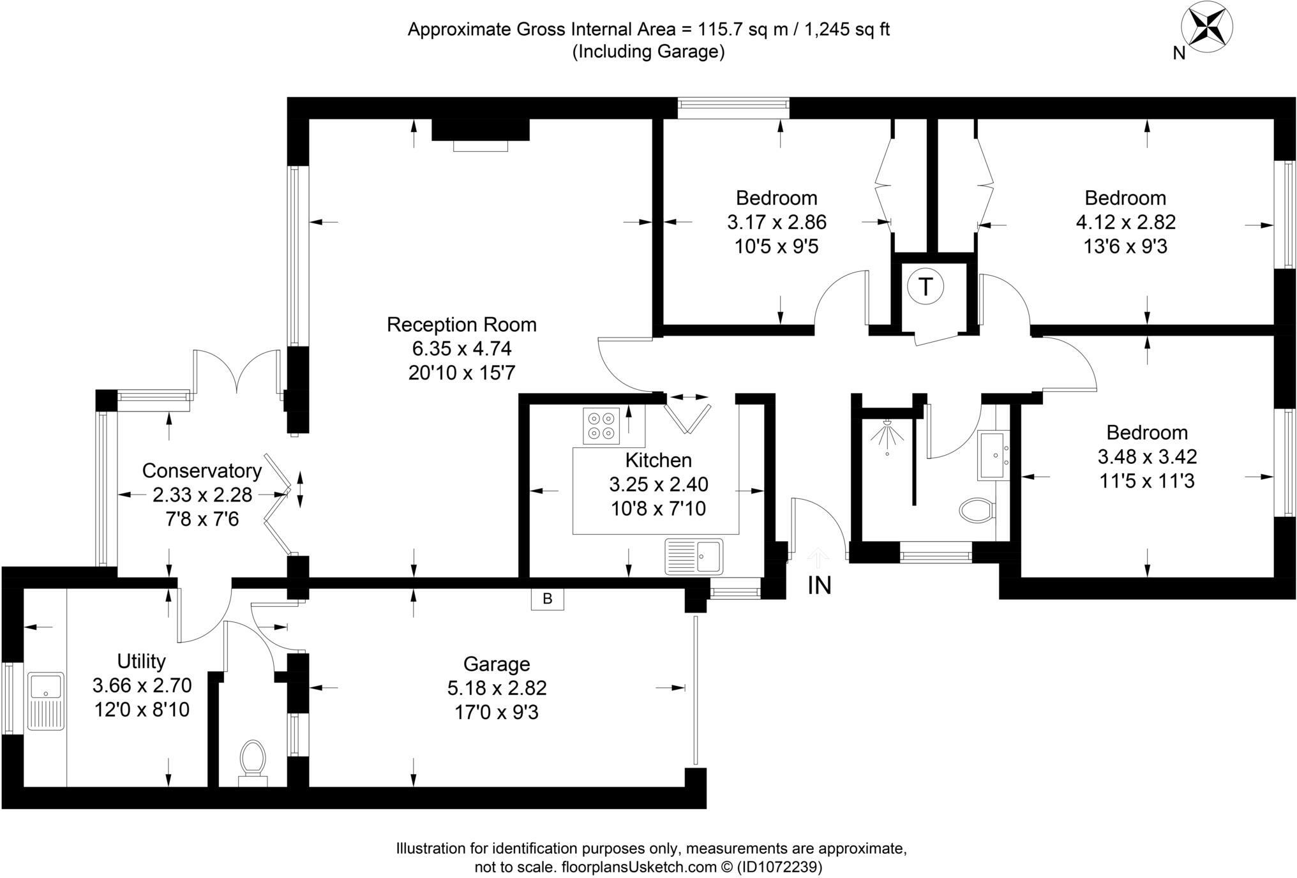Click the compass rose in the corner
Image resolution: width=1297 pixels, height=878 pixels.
pyautogui.click(x=1206, y=28)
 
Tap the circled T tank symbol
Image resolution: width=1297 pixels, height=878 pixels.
pyautogui.click(x=925, y=286)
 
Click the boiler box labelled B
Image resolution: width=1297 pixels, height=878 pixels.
pyautogui.click(x=547, y=599)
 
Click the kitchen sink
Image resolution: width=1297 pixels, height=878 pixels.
pyautogui.click(x=694, y=556)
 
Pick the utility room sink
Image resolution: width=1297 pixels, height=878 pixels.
pyautogui.click(x=46, y=700)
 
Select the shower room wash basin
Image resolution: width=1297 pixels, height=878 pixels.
pyautogui.click(x=993, y=456)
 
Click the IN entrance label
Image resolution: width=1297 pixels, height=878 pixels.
pyautogui.click(x=820, y=585)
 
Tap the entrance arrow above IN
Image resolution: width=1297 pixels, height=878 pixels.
pyautogui.click(x=818, y=558)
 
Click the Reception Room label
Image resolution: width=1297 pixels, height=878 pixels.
pyautogui.click(x=461, y=324)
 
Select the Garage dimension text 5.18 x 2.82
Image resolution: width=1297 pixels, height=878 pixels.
pyautogui.click(x=497, y=688)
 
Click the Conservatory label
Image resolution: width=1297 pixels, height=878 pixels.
pyautogui.click(x=202, y=470)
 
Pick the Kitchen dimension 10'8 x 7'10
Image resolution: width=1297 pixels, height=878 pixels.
pyautogui.click(x=658, y=509)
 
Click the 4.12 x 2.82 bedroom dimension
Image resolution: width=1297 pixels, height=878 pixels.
pyautogui.click(x=1125, y=222)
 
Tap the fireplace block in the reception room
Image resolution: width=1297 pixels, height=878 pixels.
pyautogui.click(x=481, y=130)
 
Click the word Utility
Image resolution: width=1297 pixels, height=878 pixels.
pyautogui.click(x=141, y=660)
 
